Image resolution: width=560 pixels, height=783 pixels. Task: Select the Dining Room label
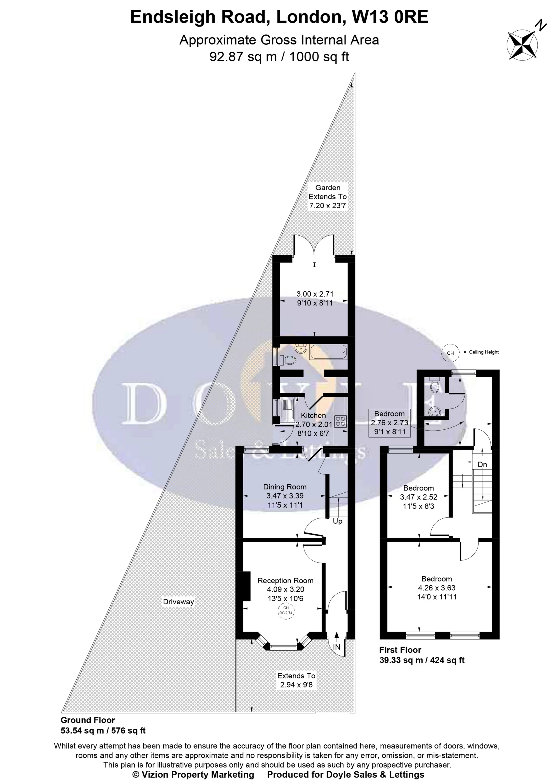pos(285,487)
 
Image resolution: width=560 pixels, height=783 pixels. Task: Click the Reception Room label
pos(285,581)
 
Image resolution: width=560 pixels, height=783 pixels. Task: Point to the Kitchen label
pos(313,416)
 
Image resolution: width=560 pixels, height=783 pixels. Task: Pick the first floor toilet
pos(434,386)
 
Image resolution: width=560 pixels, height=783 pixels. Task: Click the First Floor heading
pos(400,650)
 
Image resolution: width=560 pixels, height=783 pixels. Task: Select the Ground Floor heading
pos(88,720)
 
